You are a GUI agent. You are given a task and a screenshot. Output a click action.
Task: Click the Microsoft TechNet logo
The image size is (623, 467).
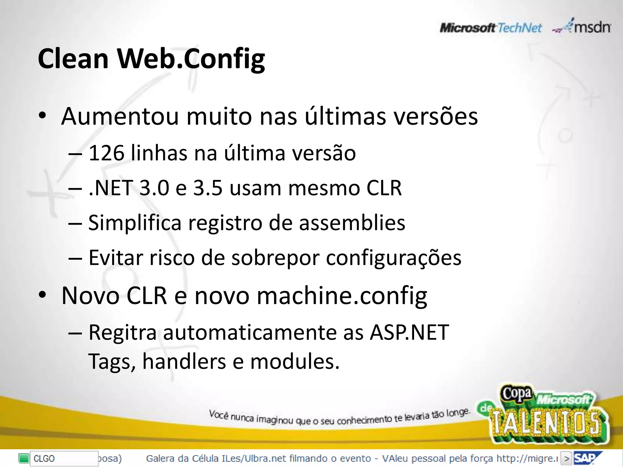click(x=490, y=28)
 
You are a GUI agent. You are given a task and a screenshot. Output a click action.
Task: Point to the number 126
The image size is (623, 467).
click(x=106, y=153)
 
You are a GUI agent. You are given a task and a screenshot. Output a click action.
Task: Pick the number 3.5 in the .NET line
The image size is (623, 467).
click(x=208, y=188)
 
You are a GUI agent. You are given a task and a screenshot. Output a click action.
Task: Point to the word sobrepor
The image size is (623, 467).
click(x=275, y=258)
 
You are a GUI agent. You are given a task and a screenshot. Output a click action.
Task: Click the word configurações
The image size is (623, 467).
click(x=394, y=258)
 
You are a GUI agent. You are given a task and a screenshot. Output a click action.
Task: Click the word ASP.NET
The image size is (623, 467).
click(x=409, y=332)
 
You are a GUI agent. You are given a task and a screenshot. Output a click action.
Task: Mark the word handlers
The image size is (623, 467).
click(x=184, y=361)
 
